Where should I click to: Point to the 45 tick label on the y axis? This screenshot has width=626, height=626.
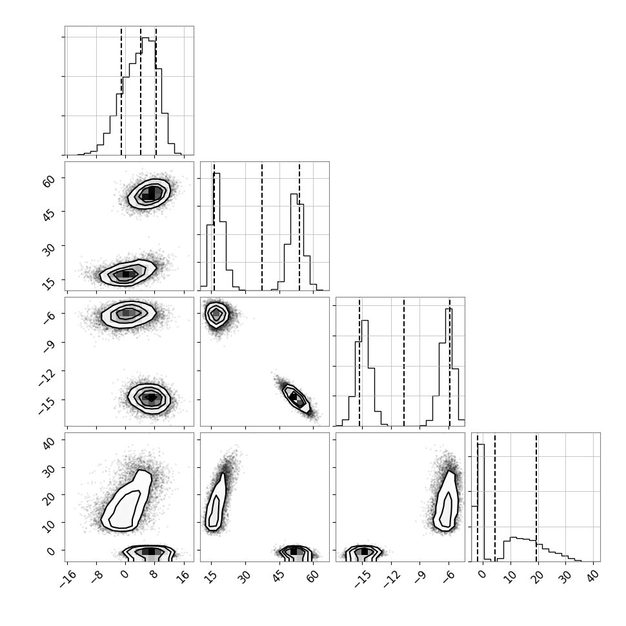tap(48, 214)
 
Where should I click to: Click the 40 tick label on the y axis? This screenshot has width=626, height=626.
tap(48, 442)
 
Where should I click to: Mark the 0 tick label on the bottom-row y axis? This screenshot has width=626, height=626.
tap(51, 551)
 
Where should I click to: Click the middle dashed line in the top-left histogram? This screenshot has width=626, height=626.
tap(141, 91)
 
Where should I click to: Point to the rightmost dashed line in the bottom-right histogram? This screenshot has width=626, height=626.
tap(536, 497)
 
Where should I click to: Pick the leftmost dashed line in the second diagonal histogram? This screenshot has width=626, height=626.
tap(214, 227)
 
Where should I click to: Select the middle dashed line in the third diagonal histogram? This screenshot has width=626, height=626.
tap(404, 361)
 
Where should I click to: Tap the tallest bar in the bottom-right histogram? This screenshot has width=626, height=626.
tap(481, 503)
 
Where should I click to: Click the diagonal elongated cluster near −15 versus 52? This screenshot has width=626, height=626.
tap(296, 398)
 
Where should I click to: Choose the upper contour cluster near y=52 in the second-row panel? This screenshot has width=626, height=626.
tap(149, 194)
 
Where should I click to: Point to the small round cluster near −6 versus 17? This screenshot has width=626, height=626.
tap(217, 314)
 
